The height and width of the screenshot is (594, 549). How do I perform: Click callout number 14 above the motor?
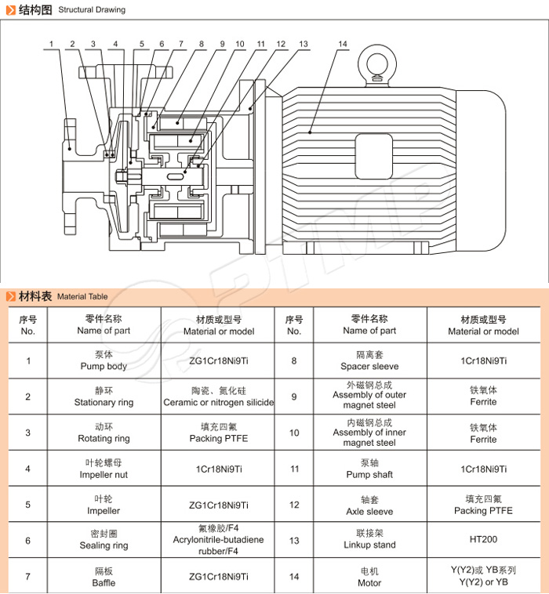point(343,44)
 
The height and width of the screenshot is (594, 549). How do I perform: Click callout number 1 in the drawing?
point(52,44)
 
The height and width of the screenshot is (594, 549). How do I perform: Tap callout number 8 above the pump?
point(202,44)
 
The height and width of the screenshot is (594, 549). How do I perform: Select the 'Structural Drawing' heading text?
point(92,10)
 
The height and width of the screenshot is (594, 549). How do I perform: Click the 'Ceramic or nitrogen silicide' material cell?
point(219,397)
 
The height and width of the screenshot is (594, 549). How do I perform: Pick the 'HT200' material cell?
point(483,540)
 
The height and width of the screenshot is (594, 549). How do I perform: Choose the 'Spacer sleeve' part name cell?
point(369,361)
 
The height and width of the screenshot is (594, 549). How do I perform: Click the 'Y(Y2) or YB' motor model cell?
point(483,576)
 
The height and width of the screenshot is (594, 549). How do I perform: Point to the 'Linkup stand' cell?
point(369,540)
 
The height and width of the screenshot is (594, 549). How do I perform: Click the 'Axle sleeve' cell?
point(369,505)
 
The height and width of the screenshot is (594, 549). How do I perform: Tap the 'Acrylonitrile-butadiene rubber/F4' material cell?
point(219,540)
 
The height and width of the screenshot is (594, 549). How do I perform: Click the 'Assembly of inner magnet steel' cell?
point(369,433)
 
